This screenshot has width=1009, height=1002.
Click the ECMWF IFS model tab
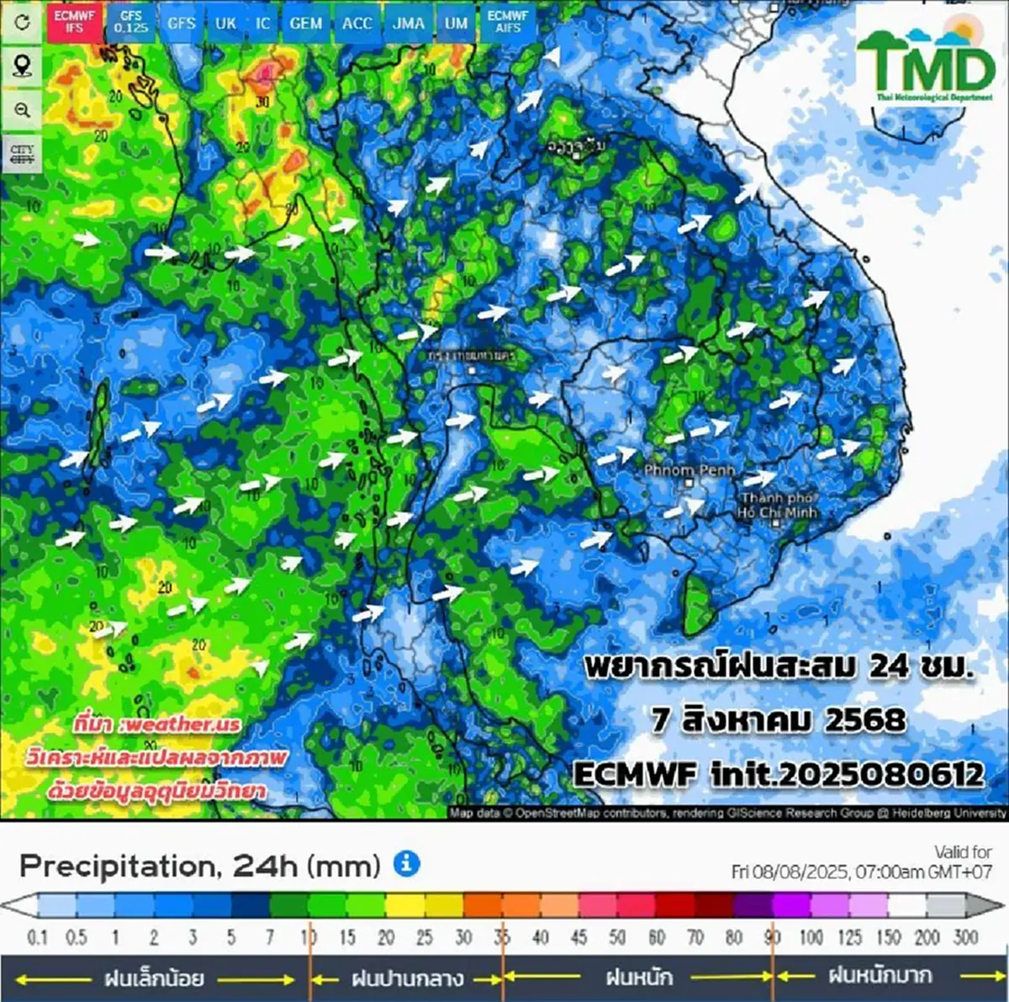[74, 22]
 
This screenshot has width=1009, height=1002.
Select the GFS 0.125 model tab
[131, 22]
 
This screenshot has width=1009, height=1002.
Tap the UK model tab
[225, 23]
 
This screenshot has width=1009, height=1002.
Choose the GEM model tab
[305, 23]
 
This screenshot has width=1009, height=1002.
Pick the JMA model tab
[409, 23]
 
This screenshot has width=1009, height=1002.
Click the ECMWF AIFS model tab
[507, 22]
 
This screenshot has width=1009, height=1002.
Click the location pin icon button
[22, 66]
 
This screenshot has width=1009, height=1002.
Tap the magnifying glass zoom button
[22, 110]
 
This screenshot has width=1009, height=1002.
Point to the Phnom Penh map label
[689, 470]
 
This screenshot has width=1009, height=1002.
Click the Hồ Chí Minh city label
[778, 506]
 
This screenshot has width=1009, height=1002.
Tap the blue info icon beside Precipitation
[406, 863]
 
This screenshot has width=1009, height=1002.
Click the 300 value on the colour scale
[965, 937]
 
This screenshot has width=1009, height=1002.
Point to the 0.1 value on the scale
[37, 937]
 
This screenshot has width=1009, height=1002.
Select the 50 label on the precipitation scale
[617, 937]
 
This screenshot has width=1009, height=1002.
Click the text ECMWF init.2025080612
[778, 773]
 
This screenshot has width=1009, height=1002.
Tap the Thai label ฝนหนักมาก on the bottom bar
[880, 976]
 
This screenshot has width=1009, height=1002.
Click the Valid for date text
[861, 862]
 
